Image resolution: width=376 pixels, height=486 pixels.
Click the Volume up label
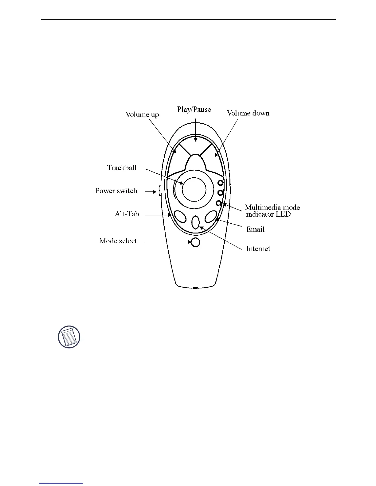[142, 115]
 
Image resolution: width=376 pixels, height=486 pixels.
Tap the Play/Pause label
[194, 109]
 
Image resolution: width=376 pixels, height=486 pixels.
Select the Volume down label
[248, 113]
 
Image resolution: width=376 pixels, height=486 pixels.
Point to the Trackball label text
[122, 168]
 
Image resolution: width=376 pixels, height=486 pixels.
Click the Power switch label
[116, 191]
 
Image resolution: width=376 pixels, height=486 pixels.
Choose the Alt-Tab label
[127, 214]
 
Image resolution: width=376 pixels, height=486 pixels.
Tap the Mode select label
[118, 241]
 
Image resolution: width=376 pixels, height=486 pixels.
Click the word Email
[255, 229]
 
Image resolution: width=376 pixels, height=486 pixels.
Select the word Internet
[258, 249]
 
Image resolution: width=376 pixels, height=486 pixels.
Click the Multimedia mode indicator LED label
[272, 211]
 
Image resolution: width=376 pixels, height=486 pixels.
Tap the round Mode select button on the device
[195, 242]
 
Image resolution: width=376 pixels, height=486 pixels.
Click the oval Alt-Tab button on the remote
[180, 217]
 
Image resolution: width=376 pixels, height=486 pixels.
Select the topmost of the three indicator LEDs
[220, 183]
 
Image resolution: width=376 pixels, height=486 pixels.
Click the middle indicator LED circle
[220, 193]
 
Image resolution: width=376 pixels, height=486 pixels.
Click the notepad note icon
[69, 337]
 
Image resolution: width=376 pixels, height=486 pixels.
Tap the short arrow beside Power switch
[151, 192]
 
